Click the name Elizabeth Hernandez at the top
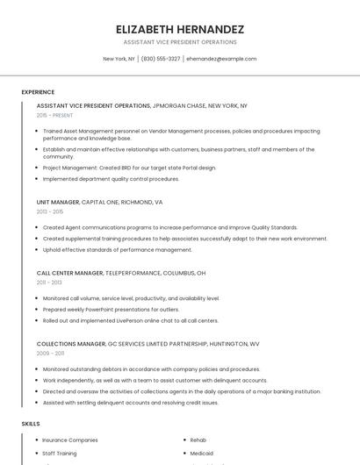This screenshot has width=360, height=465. pyautogui.click(x=180, y=29)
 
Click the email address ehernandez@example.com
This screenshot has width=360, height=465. pyautogui.click(x=221, y=59)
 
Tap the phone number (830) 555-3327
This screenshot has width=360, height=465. pyautogui.click(x=161, y=59)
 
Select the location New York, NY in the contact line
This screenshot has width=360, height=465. pyautogui.click(x=119, y=59)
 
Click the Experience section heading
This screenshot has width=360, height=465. pyautogui.click(x=38, y=92)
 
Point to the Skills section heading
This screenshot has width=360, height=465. pyautogui.click(x=31, y=424)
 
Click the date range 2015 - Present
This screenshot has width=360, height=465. pyautogui.click(x=54, y=115)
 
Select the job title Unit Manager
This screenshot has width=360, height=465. pyautogui.click(x=59, y=202)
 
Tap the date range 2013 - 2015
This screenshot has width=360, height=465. pyautogui.click(x=50, y=211)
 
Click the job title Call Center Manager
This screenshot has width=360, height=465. pyautogui.click(x=70, y=273)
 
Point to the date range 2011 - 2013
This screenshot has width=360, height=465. pyautogui.click(x=49, y=283)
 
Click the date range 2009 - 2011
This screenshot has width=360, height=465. pyautogui.click(x=50, y=354)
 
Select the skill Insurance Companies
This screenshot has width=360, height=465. pyautogui.click(x=70, y=440)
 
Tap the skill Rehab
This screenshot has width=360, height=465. pyautogui.click(x=198, y=440)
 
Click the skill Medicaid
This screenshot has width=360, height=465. pyautogui.click(x=203, y=454)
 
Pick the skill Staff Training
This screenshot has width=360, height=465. pyautogui.click(x=60, y=454)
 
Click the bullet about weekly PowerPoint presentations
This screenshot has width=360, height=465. pyautogui.click(x=111, y=310)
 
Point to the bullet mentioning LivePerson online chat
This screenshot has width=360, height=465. pyautogui.click(x=130, y=320)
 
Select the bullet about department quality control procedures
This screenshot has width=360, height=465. pyautogui.click(x=111, y=179)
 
